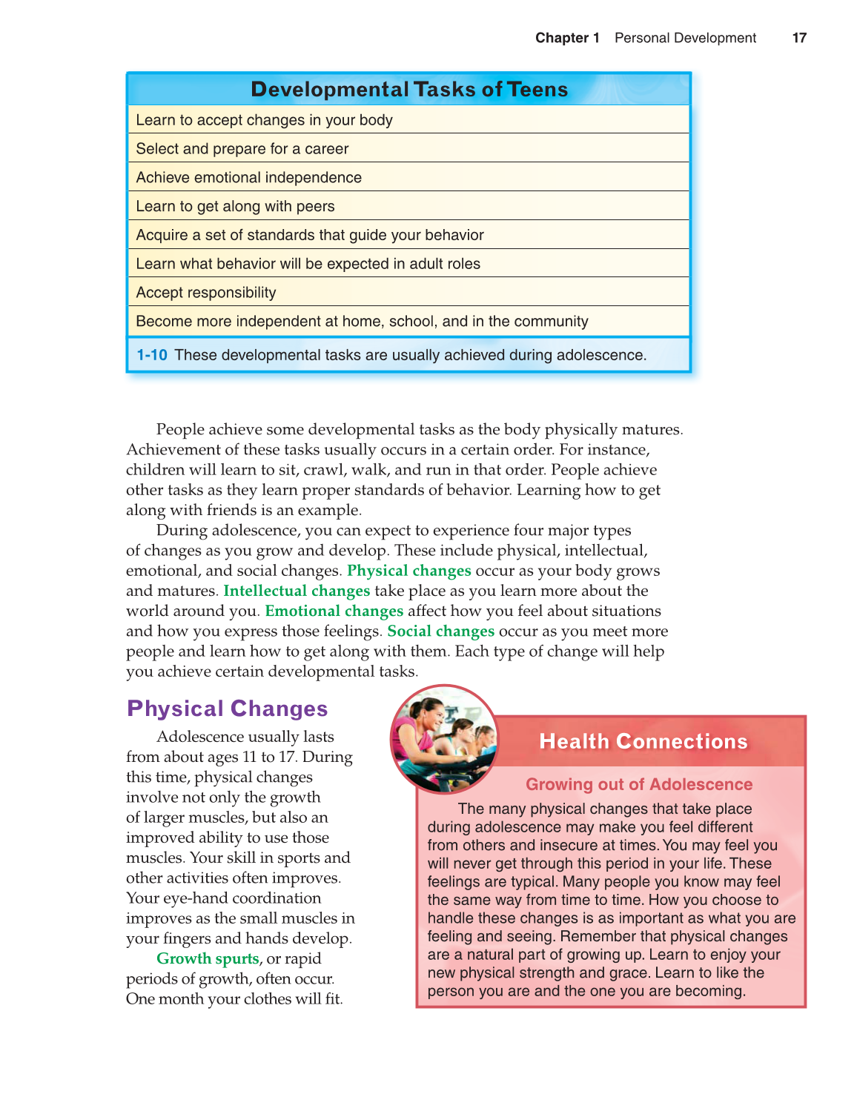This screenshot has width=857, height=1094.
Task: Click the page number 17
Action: [798, 38]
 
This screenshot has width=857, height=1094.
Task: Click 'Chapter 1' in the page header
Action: [567, 38]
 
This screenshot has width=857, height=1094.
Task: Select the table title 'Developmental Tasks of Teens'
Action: [409, 90]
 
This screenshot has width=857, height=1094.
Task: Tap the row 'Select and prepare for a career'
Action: [242, 149]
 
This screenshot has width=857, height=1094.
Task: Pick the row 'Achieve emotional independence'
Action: [248, 178]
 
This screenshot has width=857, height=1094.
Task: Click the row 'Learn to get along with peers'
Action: [235, 207]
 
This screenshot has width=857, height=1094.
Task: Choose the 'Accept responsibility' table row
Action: [205, 293]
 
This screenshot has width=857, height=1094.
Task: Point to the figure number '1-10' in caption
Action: [152, 355]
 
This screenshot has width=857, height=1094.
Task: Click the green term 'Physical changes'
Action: [408, 571]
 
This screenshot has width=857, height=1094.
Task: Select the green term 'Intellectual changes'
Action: [297, 591]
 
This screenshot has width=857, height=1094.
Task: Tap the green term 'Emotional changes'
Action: [334, 611]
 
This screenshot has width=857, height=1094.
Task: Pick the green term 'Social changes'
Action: [440, 631]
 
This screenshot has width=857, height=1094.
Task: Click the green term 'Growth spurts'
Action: [208, 958]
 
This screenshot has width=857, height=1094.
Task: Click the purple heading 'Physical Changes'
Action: [227, 709]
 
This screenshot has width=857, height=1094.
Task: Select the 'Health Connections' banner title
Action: [643, 741]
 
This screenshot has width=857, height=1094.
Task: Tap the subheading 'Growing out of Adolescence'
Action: [638, 784]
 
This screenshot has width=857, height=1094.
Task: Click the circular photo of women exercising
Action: [444, 739]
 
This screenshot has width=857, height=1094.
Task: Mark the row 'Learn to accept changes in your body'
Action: [264, 120]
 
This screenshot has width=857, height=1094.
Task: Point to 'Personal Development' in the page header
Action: [685, 38]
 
